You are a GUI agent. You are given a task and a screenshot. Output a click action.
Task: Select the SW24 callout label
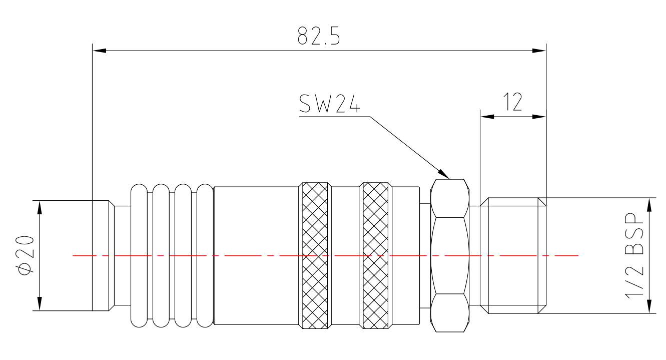330,104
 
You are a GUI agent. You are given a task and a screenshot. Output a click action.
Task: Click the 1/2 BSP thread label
634,255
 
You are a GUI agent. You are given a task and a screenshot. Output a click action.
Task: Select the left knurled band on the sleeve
314,255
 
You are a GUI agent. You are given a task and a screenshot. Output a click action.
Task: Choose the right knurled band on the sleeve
375,255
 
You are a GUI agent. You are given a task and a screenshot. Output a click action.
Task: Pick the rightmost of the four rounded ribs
205,255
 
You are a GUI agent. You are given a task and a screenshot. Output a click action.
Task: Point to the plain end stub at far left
101,255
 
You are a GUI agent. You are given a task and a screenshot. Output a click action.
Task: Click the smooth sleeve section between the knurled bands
345,255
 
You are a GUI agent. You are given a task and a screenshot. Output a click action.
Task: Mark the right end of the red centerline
578,255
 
